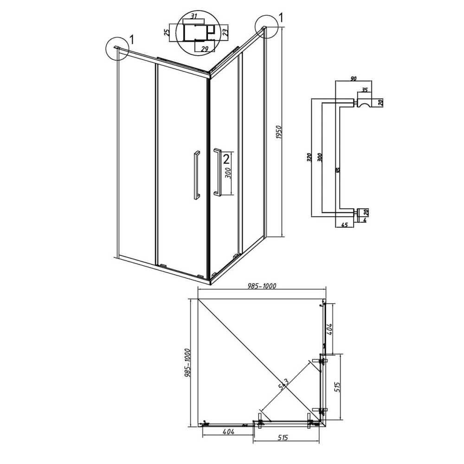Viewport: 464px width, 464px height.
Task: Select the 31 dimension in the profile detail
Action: pos(194,17)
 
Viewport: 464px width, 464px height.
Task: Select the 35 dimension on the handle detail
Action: pos(364,90)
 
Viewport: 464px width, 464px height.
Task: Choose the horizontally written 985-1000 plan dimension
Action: pos(262,286)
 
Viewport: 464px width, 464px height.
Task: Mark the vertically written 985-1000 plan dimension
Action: pos(188,362)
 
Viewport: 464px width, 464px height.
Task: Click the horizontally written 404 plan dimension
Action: pos(228,432)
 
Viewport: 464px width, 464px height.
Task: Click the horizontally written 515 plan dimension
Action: pos(284,437)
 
